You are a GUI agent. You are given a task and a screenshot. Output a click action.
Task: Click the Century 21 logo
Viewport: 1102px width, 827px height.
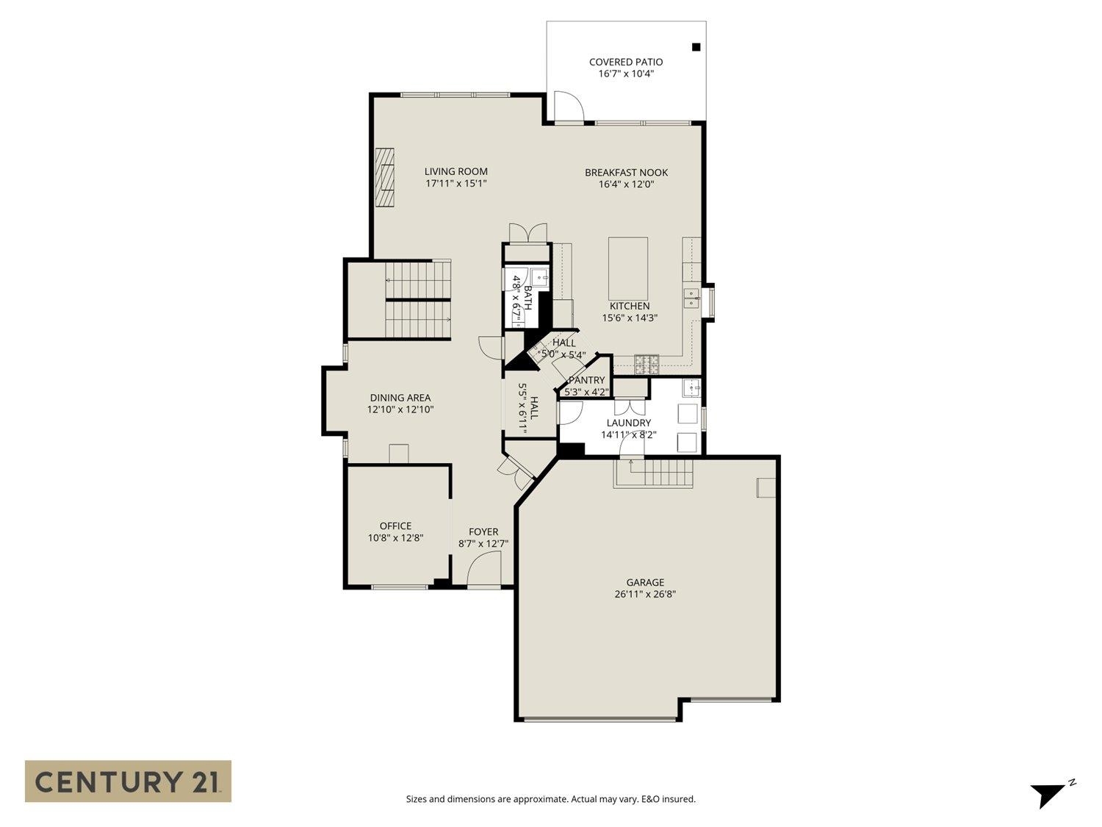pyautogui.click(x=128, y=781)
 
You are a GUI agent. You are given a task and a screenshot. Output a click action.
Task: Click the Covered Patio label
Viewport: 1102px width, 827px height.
pyautogui.click(x=626, y=62)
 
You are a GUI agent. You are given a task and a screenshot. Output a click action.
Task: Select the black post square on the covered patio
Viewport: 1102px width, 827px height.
pyautogui.click(x=696, y=47)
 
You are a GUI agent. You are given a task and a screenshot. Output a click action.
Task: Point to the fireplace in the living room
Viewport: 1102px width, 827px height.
pyautogui.click(x=385, y=179)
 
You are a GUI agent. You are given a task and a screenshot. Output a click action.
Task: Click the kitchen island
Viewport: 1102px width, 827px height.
pyautogui.click(x=628, y=268)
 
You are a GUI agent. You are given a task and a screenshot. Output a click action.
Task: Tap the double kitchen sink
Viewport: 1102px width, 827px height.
pyautogui.click(x=692, y=297)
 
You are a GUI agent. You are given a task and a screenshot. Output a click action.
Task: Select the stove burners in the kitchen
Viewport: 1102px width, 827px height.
pyautogui.click(x=647, y=361)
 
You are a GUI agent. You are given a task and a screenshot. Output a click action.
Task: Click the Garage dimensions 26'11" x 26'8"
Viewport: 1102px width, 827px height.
pyautogui.click(x=645, y=594)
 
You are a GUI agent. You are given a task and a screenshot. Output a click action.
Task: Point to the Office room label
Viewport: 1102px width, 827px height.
pyautogui.click(x=395, y=526)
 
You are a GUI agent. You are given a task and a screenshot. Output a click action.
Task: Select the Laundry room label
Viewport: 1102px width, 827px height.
pyautogui.click(x=628, y=423)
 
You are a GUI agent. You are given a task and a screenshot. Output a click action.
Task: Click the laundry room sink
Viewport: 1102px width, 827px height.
pyautogui.click(x=691, y=387)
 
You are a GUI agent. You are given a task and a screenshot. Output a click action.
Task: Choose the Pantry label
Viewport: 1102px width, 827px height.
pyautogui.click(x=586, y=380)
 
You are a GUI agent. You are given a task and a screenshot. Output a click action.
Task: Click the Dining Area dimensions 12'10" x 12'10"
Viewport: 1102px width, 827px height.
pyautogui.click(x=400, y=409)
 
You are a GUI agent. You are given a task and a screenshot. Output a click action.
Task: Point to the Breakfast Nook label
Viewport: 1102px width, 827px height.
pyautogui.click(x=626, y=172)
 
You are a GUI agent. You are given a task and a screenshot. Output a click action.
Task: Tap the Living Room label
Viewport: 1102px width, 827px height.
pyautogui.click(x=455, y=171)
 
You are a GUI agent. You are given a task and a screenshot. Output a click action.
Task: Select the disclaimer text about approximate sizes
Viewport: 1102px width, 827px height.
pyautogui.click(x=550, y=799)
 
